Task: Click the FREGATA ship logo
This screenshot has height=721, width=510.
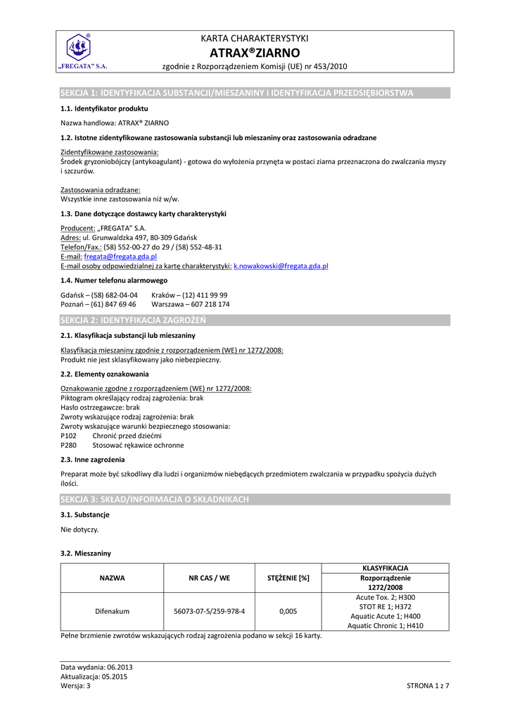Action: (79, 49)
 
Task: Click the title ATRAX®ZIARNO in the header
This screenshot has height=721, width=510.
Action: (255, 53)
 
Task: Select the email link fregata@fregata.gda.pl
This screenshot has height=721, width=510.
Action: (120, 257)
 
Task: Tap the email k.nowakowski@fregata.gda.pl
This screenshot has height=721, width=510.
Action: (281, 266)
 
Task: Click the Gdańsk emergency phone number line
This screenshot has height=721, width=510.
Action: (99, 295)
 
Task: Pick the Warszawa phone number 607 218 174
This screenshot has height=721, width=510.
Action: (191, 304)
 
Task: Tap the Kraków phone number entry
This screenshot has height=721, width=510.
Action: (189, 295)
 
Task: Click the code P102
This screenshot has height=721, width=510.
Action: (69, 436)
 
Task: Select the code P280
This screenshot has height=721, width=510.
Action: (69, 445)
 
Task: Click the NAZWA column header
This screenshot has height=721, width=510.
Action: (112, 578)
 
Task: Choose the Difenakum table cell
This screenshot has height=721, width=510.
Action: (112, 611)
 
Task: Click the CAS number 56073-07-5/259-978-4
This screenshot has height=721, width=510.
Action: (209, 611)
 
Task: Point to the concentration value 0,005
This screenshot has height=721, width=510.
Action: (288, 611)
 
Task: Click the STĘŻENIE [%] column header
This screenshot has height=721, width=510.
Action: (288, 578)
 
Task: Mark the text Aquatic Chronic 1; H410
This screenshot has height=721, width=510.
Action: (385, 625)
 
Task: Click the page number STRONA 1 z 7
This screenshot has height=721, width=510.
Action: (428, 685)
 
